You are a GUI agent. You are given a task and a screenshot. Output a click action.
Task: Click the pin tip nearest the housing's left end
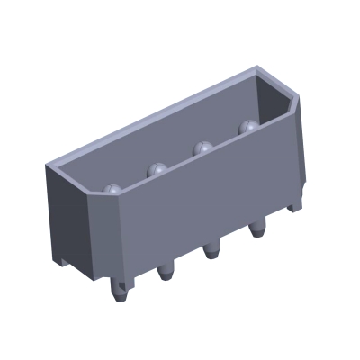[x=112, y=189]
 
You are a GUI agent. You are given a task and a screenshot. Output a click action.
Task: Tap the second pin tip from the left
[x=157, y=167]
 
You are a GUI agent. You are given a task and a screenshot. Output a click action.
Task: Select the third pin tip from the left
[x=202, y=147]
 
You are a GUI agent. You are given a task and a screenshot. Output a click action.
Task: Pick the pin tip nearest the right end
[x=245, y=128]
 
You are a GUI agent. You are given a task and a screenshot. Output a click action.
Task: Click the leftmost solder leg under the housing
[x=121, y=290]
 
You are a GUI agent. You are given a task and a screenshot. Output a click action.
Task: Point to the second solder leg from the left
[x=165, y=269]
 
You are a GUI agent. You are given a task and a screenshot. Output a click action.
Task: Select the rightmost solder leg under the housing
[x=256, y=229]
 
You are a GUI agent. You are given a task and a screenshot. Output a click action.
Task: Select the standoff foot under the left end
[x=73, y=261]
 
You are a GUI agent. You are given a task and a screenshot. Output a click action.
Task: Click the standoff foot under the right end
[x=293, y=206]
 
